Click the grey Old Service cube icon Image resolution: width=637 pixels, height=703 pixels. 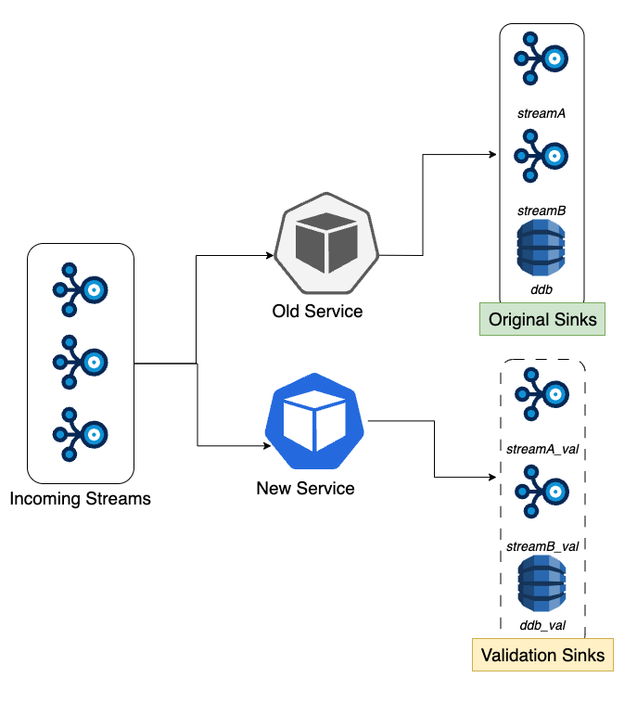pyautogui.click(x=326, y=243)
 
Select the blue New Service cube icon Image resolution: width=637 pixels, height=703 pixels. pyautogui.click(x=314, y=421)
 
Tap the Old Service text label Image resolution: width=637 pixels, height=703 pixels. pyautogui.click(x=317, y=311)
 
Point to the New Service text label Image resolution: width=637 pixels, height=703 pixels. pyautogui.click(x=305, y=488)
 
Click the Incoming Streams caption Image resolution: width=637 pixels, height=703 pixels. pyautogui.click(x=81, y=499)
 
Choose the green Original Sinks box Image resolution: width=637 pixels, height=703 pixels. pyautogui.click(x=542, y=319)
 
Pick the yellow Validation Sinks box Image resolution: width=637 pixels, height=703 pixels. pyautogui.click(x=542, y=655)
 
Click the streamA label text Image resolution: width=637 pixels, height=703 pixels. pyautogui.click(x=541, y=113)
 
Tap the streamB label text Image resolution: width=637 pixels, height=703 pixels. pyautogui.click(x=541, y=211)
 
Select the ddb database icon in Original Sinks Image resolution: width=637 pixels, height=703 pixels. pyautogui.click(x=541, y=248)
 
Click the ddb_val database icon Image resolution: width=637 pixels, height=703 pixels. pyautogui.click(x=542, y=583)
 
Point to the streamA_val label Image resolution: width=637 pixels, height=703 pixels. pyautogui.click(x=542, y=449)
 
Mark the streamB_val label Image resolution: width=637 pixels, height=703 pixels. pyautogui.click(x=542, y=546)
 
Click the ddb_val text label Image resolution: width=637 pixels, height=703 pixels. pyautogui.click(x=542, y=625)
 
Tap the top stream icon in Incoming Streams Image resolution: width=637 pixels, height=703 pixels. pyautogui.click(x=81, y=289)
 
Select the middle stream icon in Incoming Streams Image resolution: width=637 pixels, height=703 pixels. pyautogui.click(x=81, y=362)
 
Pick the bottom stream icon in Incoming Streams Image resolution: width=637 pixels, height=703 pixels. pyautogui.click(x=81, y=434)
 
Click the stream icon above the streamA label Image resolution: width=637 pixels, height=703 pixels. pyautogui.click(x=541, y=58)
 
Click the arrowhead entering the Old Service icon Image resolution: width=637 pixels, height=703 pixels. pyautogui.click(x=270, y=256)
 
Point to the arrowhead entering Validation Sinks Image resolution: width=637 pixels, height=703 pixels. pyautogui.click(x=492, y=477)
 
